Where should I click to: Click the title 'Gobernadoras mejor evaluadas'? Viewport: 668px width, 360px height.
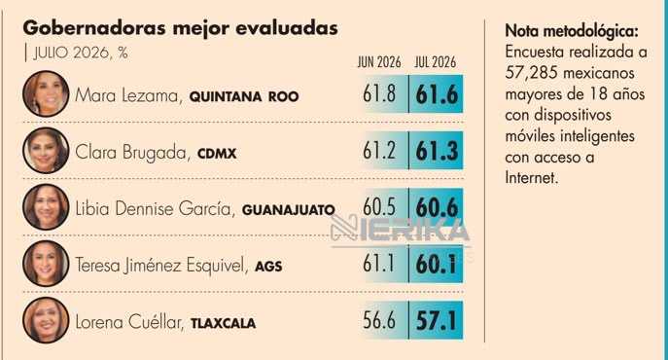click(180, 29)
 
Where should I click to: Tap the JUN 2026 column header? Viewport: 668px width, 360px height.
click(379, 62)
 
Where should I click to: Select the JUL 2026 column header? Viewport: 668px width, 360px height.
click(435, 62)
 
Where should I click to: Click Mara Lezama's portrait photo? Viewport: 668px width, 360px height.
click(46, 93)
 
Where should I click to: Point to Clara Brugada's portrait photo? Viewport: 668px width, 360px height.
click(46, 150)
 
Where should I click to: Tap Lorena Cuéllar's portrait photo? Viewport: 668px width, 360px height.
click(46, 320)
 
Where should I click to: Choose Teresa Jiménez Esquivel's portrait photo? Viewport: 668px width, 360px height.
click(46, 264)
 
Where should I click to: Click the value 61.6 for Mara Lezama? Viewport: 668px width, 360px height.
click(437, 94)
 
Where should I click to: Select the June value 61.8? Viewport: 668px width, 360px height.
click(379, 93)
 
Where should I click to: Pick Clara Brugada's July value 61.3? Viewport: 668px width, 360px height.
click(437, 151)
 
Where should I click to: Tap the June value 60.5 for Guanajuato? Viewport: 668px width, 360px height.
click(379, 207)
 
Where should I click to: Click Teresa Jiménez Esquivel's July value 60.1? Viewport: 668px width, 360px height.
click(436, 264)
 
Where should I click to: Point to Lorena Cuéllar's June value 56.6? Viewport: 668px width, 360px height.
click(379, 320)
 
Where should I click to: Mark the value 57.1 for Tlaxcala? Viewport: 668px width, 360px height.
click(436, 321)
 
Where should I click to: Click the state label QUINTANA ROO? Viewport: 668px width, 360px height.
click(244, 97)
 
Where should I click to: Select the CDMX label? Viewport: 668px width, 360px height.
click(217, 154)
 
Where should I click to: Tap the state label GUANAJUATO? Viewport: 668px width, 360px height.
click(289, 210)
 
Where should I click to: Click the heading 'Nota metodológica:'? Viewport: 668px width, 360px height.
click(572, 31)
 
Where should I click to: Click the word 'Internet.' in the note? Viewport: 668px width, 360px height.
click(531, 177)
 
